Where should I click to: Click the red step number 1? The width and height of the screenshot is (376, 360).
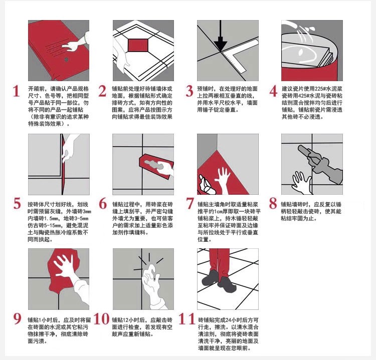click(x=16, y=91)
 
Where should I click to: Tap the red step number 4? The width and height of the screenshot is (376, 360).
click(x=274, y=91)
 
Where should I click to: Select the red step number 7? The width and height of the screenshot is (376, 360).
click(x=190, y=204)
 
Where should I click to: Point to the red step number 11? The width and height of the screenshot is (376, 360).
click(x=187, y=319)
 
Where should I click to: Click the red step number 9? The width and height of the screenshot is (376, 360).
click(x=17, y=318)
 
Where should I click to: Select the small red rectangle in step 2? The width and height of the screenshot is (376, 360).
click(x=138, y=46)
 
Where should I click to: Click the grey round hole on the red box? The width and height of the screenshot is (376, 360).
click(x=66, y=60)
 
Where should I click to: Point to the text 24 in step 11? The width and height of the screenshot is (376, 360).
click(x=229, y=320)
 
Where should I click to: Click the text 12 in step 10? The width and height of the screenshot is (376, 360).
click(x=126, y=320)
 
